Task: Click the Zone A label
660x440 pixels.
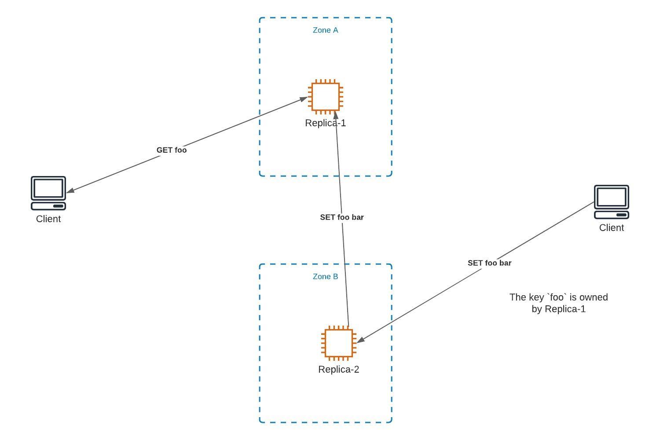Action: (325, 30)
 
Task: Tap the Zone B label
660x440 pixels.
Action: (325, 277)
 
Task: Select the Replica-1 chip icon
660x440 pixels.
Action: (326, 97)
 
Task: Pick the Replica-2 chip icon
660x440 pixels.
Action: (339, 343)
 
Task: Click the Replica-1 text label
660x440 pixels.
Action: (326, 123)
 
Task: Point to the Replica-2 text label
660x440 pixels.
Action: (339, 370)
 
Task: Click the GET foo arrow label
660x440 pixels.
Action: (172, 150)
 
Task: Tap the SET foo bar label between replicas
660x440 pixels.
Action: (342, 217)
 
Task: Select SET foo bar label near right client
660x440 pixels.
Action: (489, 263)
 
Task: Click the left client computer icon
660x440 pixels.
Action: (48, 193)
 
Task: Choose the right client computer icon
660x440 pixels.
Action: (612, 202)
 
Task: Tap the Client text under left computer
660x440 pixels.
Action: (48, 219)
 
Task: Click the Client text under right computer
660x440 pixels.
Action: (612, 228)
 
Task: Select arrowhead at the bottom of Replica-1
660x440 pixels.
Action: (336, 115)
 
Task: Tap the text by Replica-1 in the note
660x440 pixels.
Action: (559, 309)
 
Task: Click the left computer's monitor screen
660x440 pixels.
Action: (48, 188)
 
